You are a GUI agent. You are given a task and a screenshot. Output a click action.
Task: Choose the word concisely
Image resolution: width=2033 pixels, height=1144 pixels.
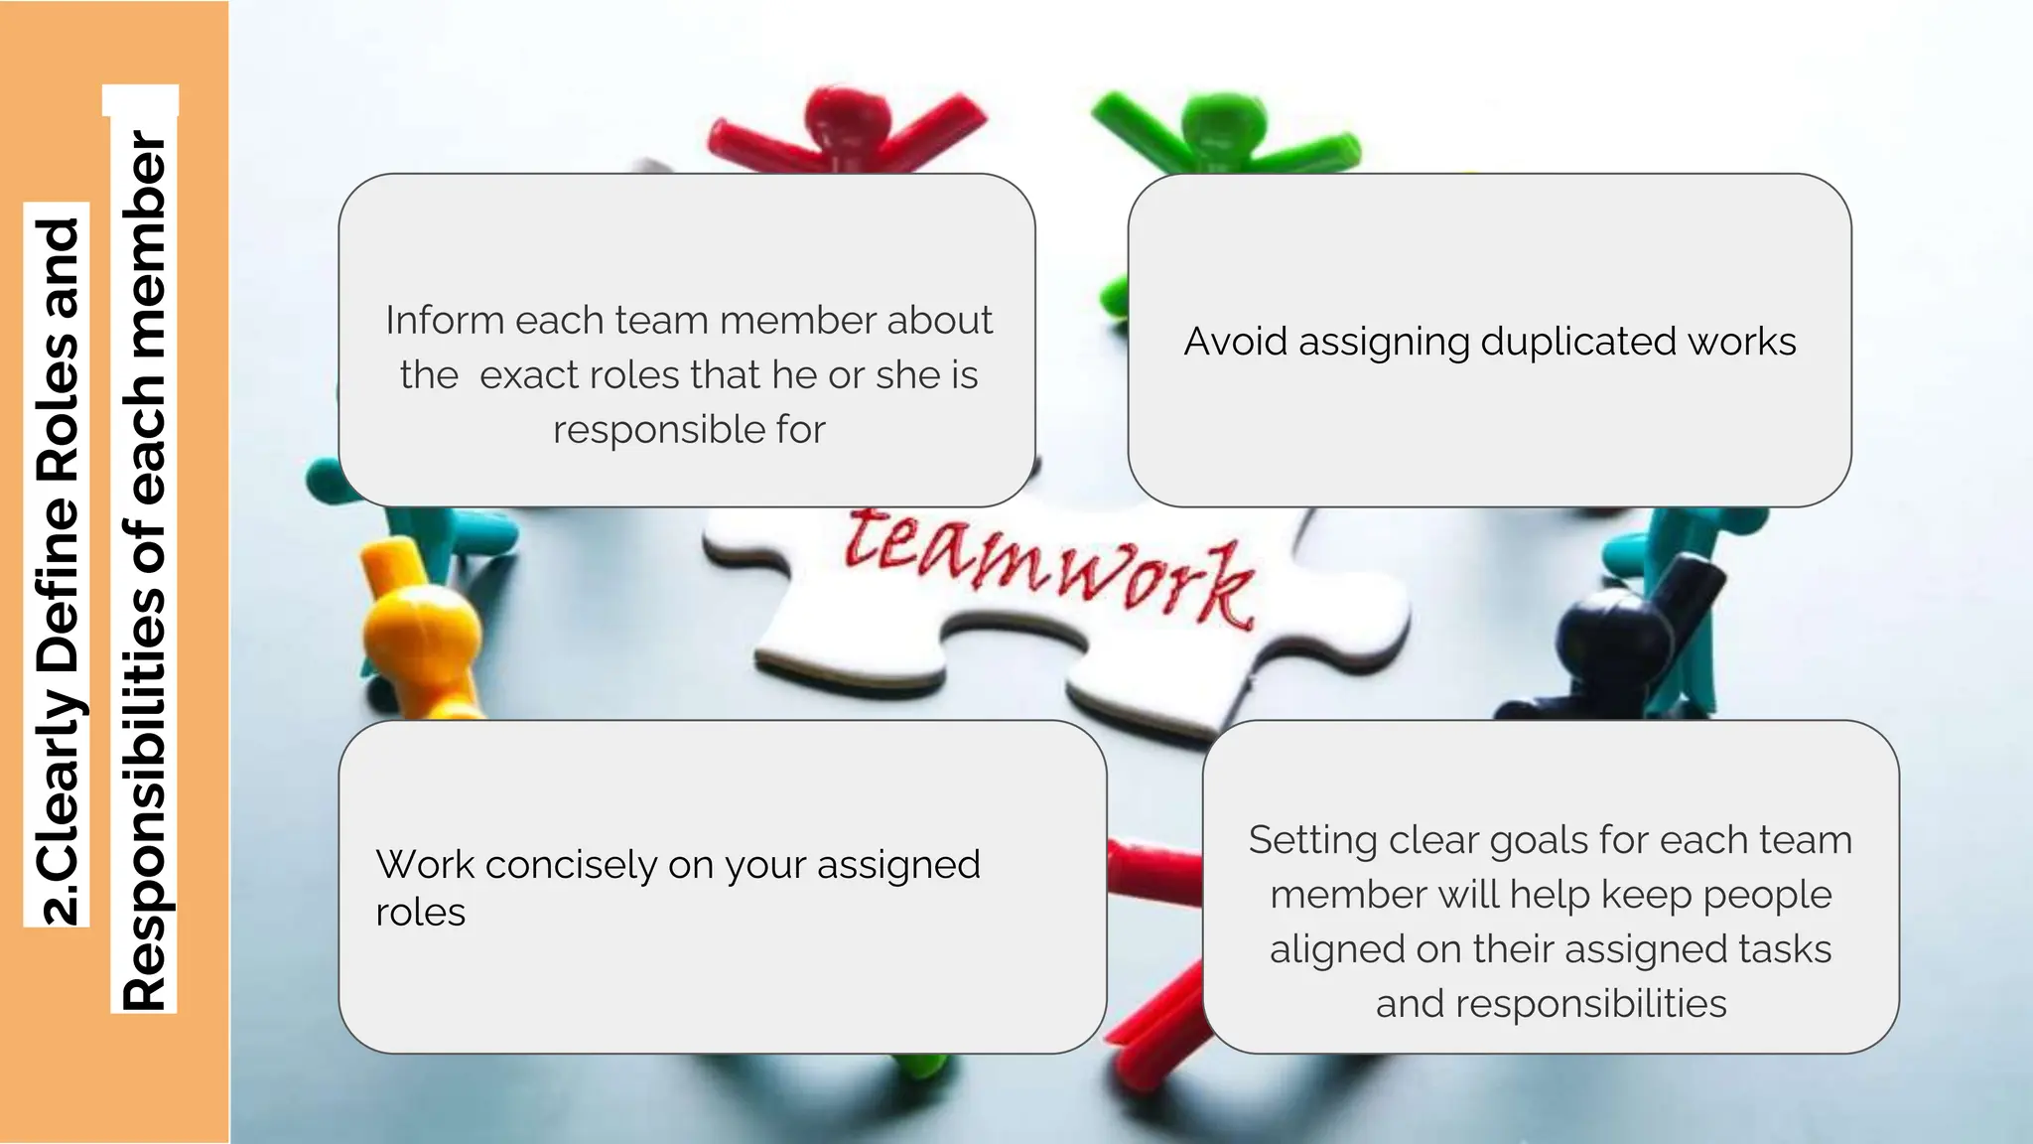[x=571, y=865]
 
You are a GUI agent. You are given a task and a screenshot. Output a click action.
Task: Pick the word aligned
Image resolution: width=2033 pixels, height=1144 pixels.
[x=1337, y=950]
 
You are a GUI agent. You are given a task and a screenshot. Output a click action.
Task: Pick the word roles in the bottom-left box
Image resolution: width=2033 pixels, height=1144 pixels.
[x=420, y=913]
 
